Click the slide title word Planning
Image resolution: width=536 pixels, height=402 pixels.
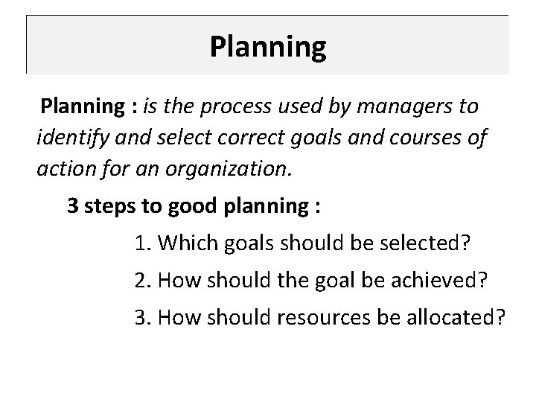pyautogui.click(x=267, y=47)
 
